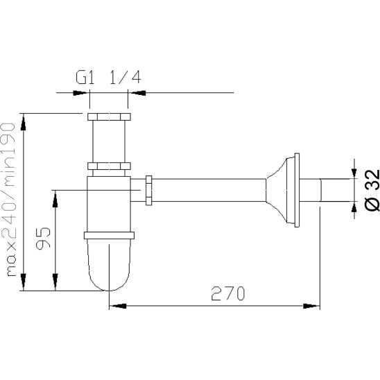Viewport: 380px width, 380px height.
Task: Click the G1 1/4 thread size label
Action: click(108, 77)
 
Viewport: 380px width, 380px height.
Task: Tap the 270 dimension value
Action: click(228, 293)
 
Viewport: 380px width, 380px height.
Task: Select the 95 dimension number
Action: click(43, 239)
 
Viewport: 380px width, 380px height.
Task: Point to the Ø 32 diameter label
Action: click(372, 190)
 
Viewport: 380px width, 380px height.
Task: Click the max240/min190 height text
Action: click(8, 199)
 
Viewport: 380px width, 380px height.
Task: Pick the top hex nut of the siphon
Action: click(109, 116)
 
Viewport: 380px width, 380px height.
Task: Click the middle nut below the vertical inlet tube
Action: click(109, 166)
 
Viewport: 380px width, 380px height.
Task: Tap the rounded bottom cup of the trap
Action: click(109, 265)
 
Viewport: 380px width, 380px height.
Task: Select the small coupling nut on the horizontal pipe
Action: click(149, 191)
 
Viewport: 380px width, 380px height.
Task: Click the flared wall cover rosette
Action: click(280, 190)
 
